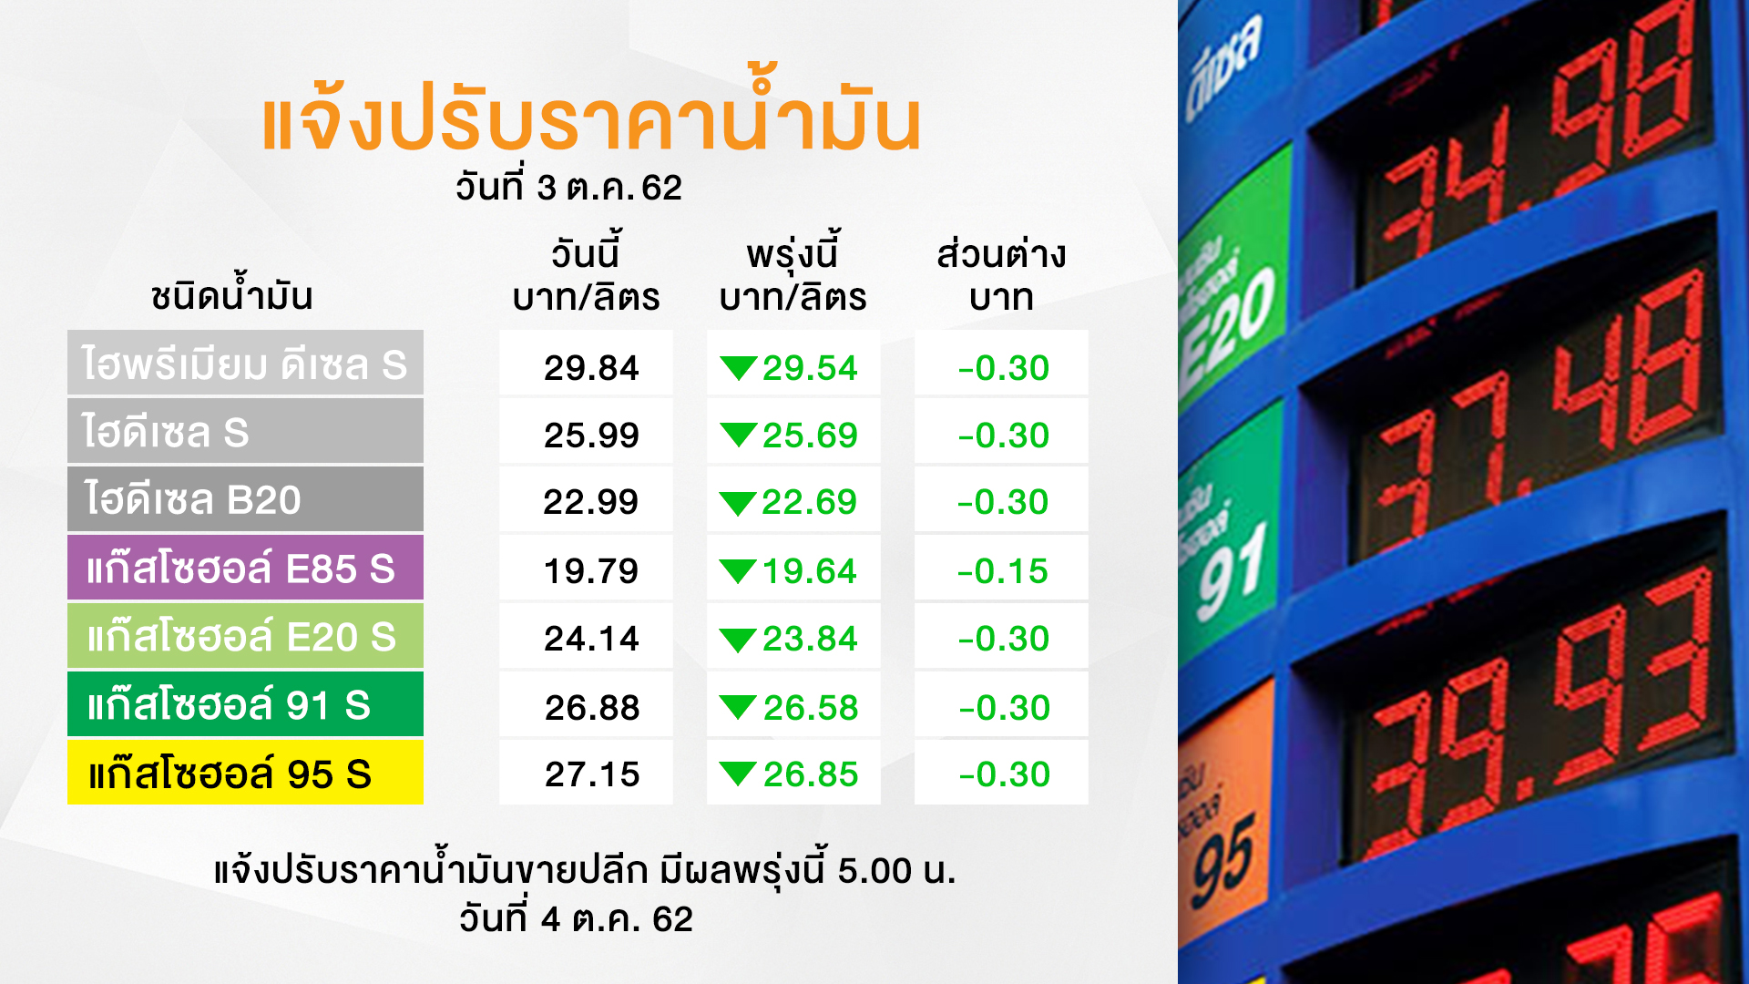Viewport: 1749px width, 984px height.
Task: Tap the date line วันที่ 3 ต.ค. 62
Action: click(x=568, y=187)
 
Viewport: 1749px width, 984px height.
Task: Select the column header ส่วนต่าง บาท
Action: click(x=1001, y=275)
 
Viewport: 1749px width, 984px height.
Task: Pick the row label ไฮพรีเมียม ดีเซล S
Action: click(x=245, y=363)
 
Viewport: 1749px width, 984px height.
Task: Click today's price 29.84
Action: click(x=591, y=367)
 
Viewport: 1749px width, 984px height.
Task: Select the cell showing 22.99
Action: click(x=590, y=501)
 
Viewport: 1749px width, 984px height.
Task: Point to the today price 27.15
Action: click(x=592, y=774)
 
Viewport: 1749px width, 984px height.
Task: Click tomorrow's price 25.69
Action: click(x=810, y=435)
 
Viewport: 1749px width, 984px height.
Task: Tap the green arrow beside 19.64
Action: click(x=738, y=571)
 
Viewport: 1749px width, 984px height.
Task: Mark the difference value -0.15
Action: click(x=1002, y=571)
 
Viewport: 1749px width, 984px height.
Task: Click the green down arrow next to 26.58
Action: click(x=738, y=707)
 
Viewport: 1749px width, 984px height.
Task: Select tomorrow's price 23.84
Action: click(x=810, y=638)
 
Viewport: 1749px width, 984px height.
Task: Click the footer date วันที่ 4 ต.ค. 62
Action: click(x=576, y=918)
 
